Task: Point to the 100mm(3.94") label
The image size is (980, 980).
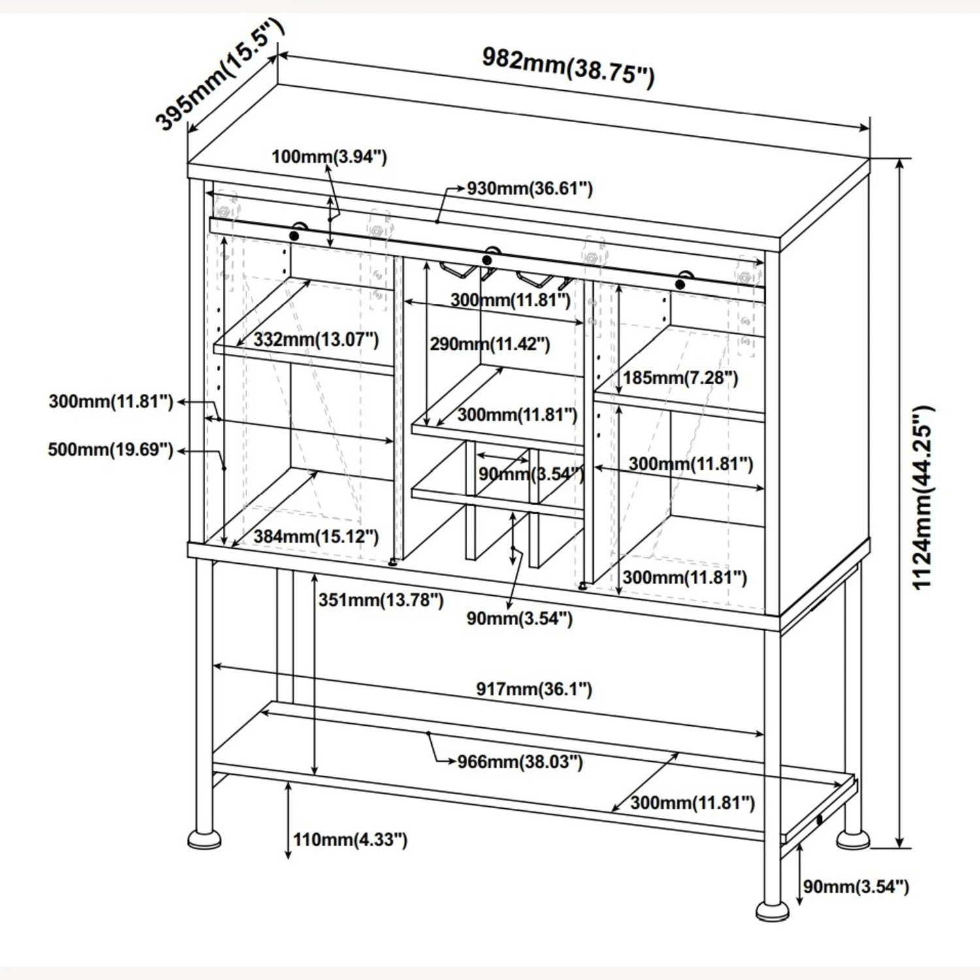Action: click(x=329, y=157)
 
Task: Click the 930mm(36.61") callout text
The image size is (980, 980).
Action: click(x=529, y=189)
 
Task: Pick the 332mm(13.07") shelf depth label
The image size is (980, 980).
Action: click(x=316, y=339)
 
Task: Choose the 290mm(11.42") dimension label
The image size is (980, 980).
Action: click(x=489, y=344)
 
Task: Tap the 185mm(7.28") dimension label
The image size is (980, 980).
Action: click(x=680, y=378)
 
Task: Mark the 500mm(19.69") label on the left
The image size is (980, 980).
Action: click(x=110, y=449)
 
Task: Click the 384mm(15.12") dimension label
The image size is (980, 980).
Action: click(x=316, y=537)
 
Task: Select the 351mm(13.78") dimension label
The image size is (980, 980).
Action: click(x=381, y=600)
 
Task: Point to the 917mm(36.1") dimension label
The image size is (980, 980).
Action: click(x=533, y=689)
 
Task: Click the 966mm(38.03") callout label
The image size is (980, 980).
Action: click(x=519, y=762)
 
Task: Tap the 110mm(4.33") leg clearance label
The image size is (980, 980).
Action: click(x=350, y=840)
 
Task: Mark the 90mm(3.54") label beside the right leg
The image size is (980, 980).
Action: click(x=856, y=887)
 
